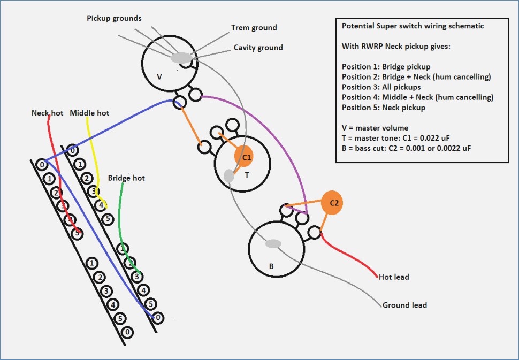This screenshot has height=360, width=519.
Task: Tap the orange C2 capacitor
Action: (x=332, y=203)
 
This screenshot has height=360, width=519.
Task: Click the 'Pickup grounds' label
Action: (x=114, y=18)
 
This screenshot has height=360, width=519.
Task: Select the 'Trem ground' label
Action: (x=254, y=27)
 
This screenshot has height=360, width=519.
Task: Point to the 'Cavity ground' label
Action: (x=258, y=48)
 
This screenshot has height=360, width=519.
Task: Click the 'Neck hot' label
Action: (x=47, y=113)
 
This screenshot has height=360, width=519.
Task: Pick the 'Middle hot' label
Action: (x=89, y=113)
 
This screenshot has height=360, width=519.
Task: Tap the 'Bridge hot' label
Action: (x=126, y=178)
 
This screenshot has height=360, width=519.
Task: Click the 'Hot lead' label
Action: (x=394, y=277)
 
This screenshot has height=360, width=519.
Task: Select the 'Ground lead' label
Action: (x=404, y=305)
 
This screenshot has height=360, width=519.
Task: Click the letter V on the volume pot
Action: (x=159, y=76)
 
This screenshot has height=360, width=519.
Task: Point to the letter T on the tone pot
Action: (x=247, y=174)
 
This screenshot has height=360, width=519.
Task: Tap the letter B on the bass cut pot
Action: (x=271, y=266)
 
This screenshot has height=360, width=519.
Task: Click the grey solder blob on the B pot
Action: (x=273, y=244)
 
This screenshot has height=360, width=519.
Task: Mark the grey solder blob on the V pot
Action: (x=181, y=58)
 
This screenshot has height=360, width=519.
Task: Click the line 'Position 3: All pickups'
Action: (x=381, y=87)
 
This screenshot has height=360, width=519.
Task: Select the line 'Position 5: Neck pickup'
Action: (x=383, y=107)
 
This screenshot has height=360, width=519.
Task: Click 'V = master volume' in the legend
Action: (x=375, y=127)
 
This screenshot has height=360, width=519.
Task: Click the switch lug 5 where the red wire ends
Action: (x=78, y=233)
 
